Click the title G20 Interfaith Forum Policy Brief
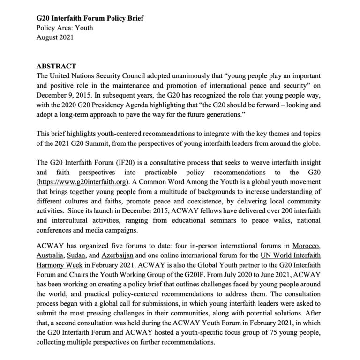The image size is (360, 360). click(90, 19)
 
